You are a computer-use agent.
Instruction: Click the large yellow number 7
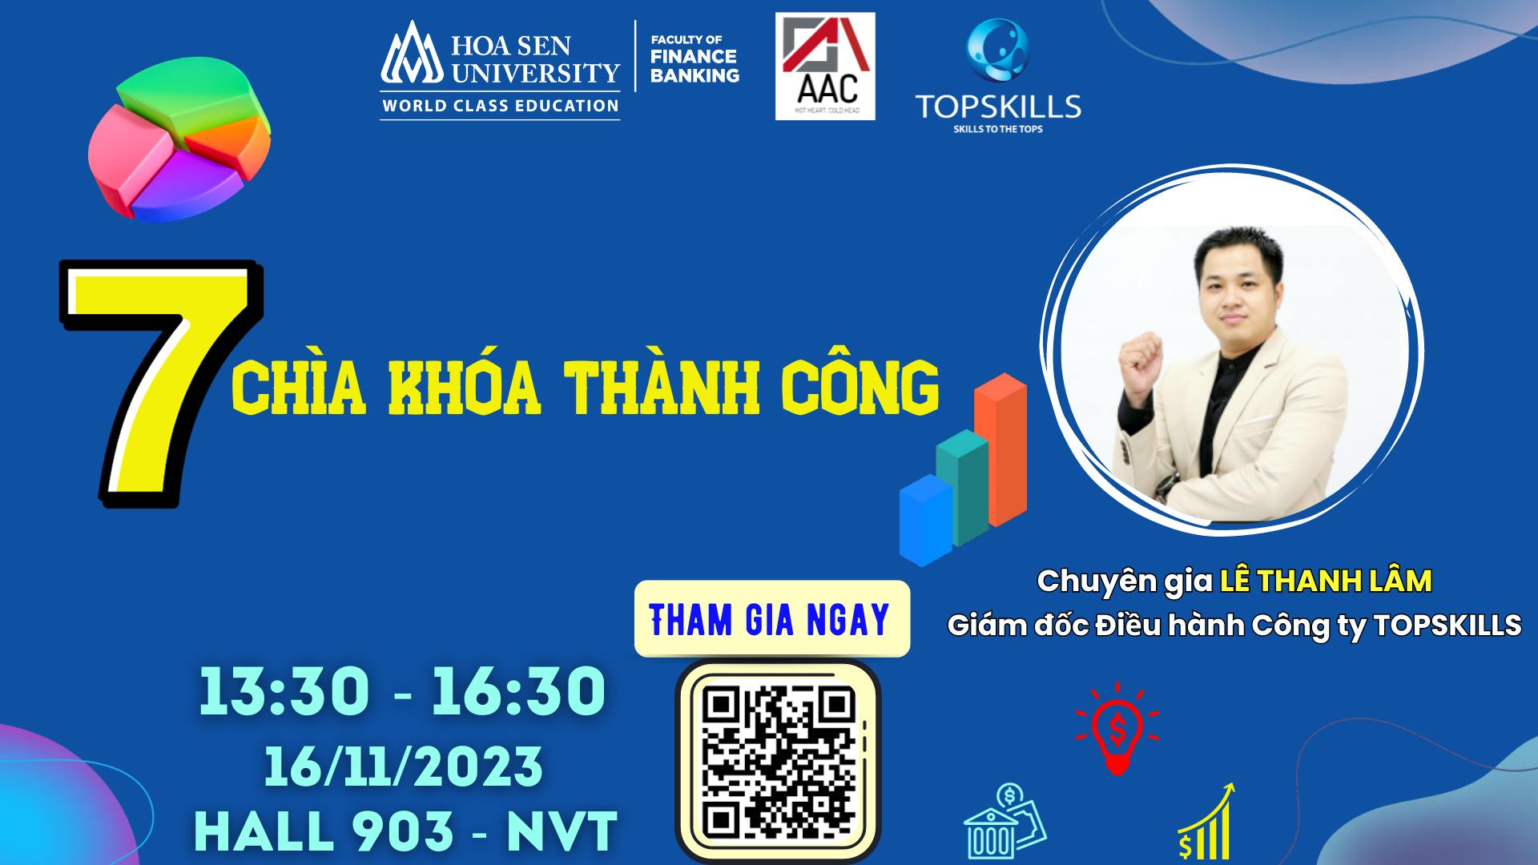click(x=160, y=384)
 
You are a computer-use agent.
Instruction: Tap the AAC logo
click(x=825, y=66)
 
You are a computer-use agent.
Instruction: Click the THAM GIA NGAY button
click(x=771, y=619)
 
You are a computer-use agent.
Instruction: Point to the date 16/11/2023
click(x=404, y=766)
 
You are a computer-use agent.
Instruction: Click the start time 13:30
click(x=284, y=691)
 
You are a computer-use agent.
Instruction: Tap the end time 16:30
click(x=519, y=691)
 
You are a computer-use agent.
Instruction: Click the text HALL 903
click(x=324, y=831)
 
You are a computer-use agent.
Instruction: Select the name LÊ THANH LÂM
click(x=1326, y=581)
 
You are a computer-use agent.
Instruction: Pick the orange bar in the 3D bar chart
click(x=1001, y=449)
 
